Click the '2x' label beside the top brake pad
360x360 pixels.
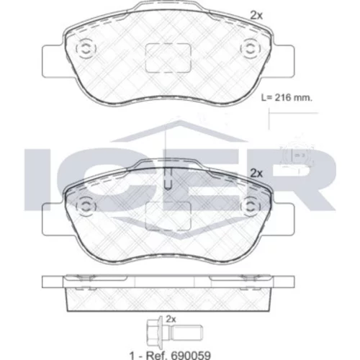click(x=256, y=16)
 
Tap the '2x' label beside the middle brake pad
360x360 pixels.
click(x=256, y=173)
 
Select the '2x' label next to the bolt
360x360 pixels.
click(x=171, y=319)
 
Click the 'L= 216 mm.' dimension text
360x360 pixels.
click(x=287, y=98)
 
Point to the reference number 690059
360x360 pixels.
click(x=191, y=355)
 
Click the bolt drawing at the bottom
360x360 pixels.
click(x=174, y=332)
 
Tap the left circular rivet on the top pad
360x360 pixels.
click(x=86, y=49)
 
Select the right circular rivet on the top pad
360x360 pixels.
click(x=251, y=49)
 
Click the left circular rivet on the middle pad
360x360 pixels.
click(x=86, y=206)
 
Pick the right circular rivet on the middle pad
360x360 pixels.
click(x=251, y=206)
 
